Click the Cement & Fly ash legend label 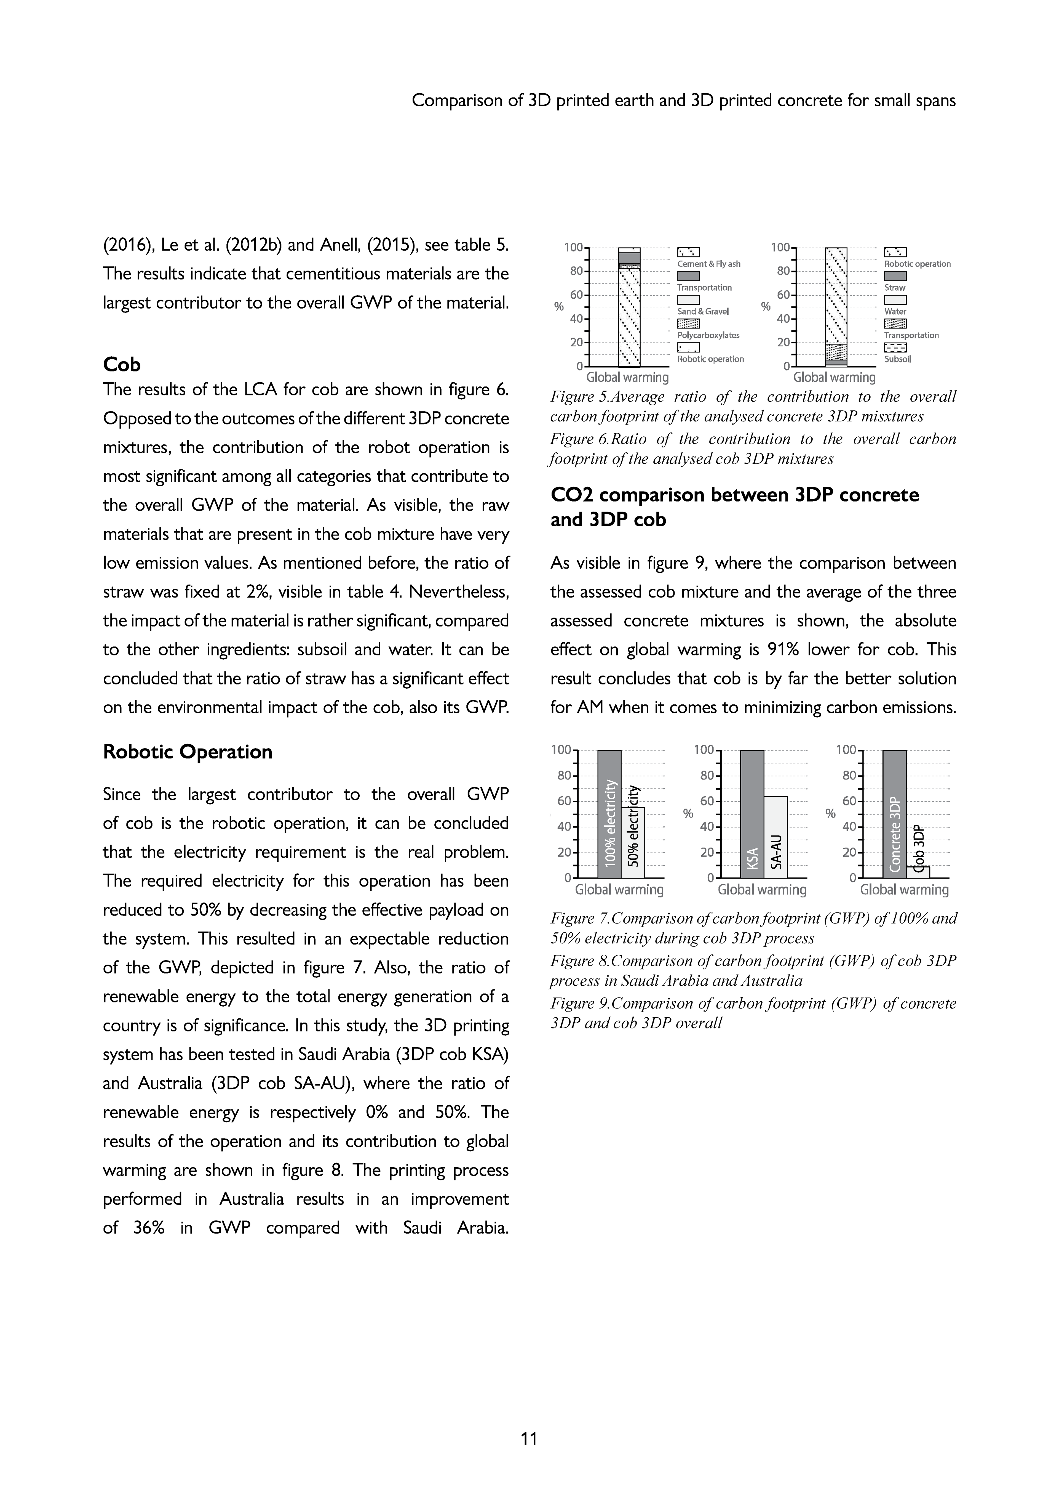click(x=708, y=264)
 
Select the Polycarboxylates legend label click(x=708, y=336)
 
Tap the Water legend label click(x=895, y=311)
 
